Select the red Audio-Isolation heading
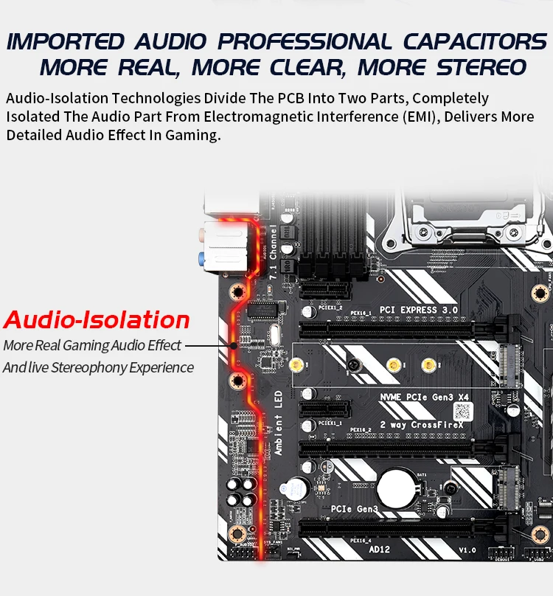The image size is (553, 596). (97, 320)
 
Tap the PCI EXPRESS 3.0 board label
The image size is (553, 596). (418, 309)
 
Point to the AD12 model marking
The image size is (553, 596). (380, 549)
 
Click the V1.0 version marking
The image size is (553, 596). (468, 550)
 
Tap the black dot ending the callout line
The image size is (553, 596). (234, 345)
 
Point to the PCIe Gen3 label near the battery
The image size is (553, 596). (355, 509)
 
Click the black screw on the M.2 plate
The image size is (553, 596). (355, 365)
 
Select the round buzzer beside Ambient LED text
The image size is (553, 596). (298, 486)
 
